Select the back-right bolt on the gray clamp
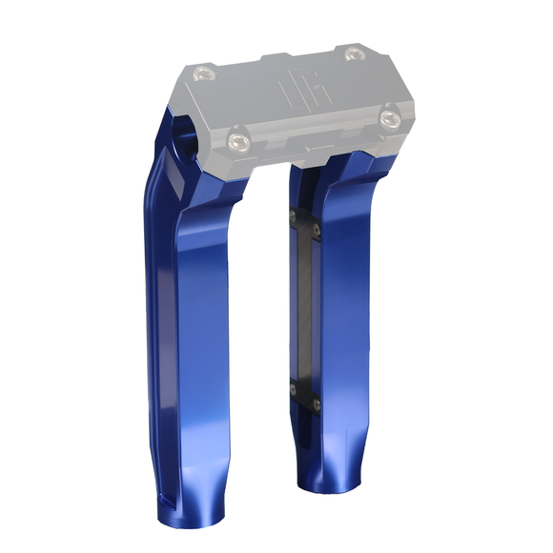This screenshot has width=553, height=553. point(354,51)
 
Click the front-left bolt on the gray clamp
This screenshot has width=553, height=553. point(236,143)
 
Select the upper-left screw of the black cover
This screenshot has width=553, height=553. point(294,216)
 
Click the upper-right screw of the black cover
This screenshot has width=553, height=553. point(318,229)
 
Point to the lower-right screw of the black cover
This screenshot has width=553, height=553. point(317,404)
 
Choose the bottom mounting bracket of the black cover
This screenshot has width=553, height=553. point(305,395)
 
